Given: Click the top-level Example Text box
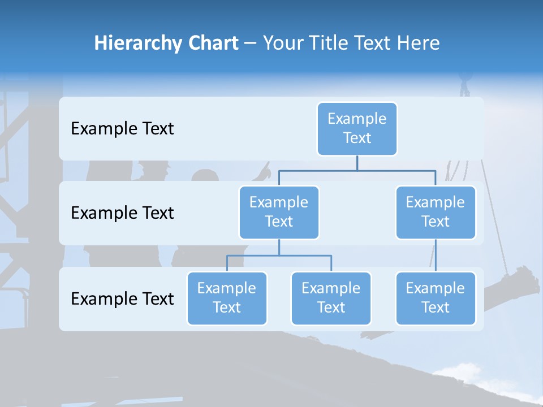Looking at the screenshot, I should (x=357, y=128).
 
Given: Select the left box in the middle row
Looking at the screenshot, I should (x=279, y=212).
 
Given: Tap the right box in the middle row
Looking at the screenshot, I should (x=436, y=212).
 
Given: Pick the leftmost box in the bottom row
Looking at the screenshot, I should (x=227, y=298).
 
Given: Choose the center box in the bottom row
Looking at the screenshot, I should (x=331, y=298).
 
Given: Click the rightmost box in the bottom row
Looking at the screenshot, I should (x=436, y=298).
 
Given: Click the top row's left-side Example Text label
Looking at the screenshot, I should (x=122, y=129).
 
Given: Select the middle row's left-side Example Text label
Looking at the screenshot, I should (x=122, y=213).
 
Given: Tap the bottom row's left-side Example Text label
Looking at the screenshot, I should (x=122, y=298).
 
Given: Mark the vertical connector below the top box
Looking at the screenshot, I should (x=357, y=163).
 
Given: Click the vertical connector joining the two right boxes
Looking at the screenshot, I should (x=436, y=256).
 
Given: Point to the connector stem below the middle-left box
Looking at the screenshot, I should (x=279, y=248).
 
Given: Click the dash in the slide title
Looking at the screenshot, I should (x=251, y=44).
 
